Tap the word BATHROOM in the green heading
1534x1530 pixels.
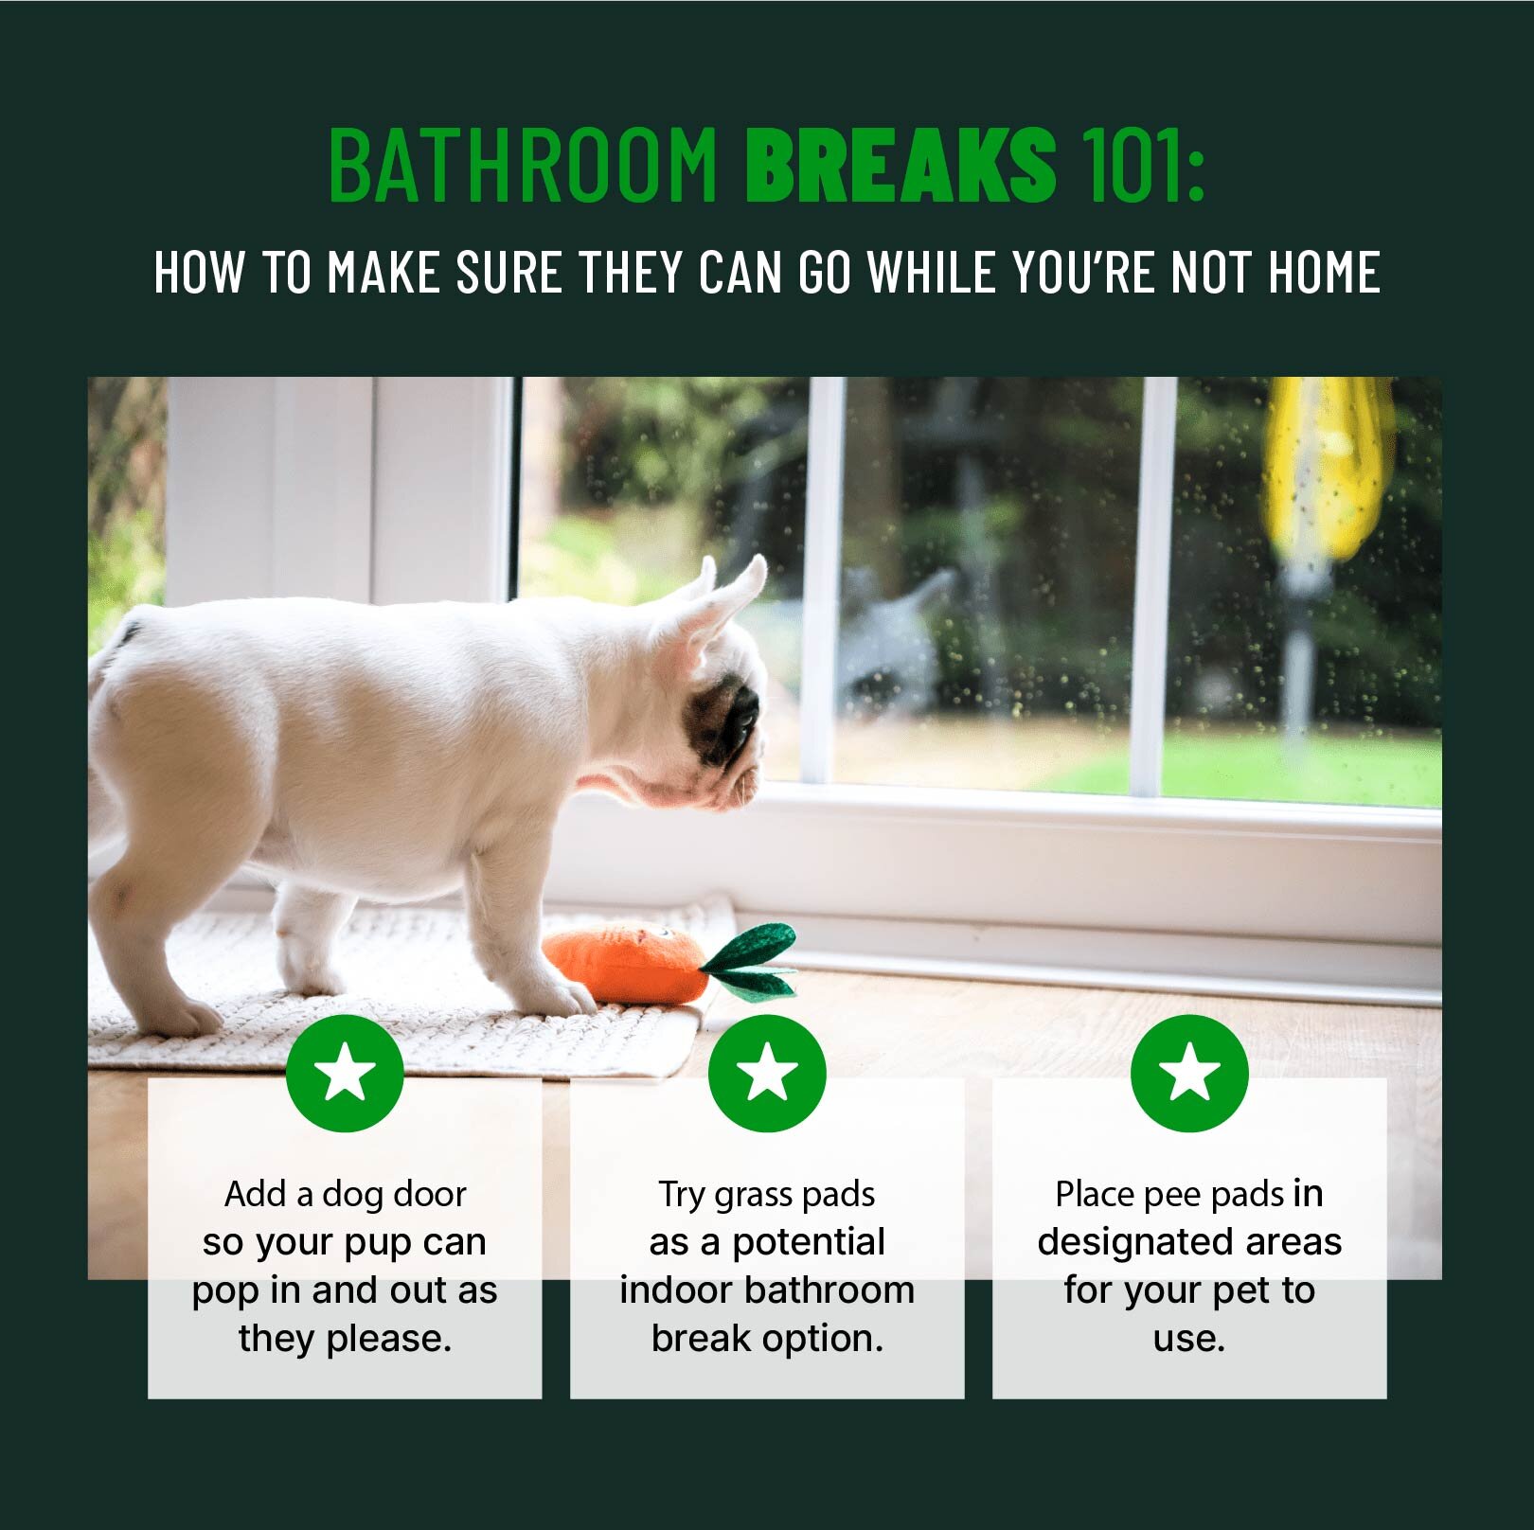tap(524, 165)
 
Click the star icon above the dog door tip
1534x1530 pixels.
tap(345, 1073)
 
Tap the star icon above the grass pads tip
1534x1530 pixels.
tap(767, 1073)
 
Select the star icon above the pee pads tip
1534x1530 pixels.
tap(1189, 1073)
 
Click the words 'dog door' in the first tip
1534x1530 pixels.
tap(394, 1194)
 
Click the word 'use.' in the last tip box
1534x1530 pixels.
tap(1189, 1339)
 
